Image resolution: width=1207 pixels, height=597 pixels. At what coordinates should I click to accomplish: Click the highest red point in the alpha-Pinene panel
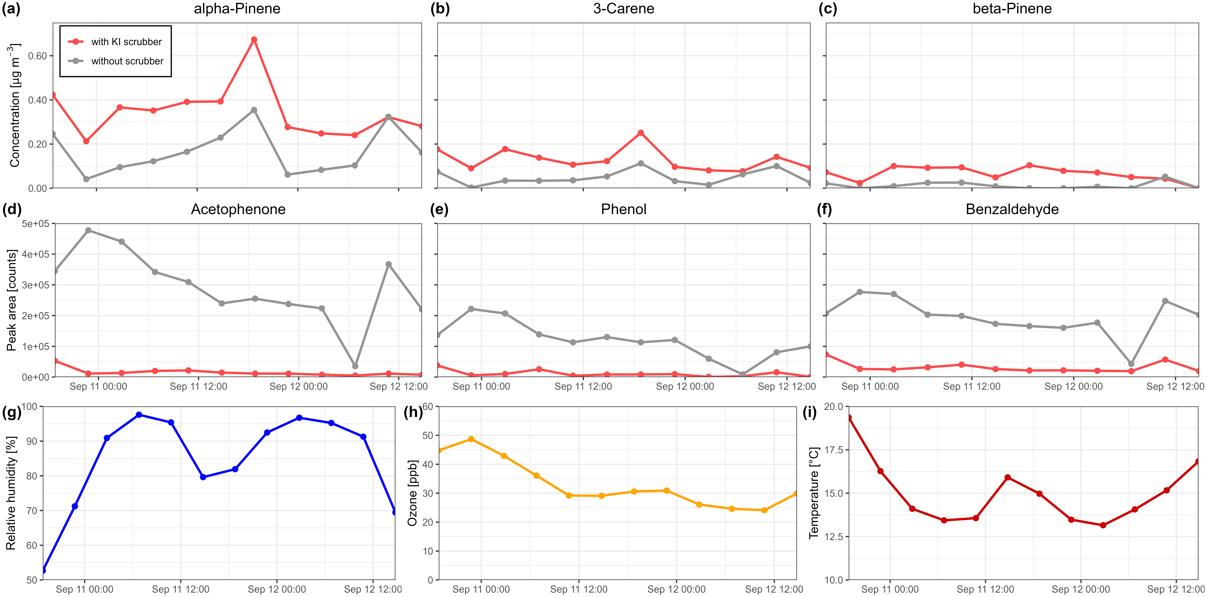point(254,40)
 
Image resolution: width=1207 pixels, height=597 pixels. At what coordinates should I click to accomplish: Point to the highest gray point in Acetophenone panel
point(88,231)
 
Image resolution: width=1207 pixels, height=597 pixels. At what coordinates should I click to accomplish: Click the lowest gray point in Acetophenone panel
point(355,366)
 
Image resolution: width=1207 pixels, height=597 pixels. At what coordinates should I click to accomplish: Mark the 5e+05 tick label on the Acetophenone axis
point(35,224)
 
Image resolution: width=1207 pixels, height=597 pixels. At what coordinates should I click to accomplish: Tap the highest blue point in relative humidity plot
point(139,415)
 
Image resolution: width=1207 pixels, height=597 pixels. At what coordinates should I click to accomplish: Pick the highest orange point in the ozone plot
point(471,439)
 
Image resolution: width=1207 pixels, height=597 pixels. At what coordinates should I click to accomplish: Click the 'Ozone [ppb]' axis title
point(412,493)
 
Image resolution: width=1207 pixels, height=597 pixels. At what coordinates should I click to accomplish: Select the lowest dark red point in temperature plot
point(1103,525)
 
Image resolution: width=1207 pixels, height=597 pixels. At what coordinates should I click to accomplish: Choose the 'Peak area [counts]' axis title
point(11,300)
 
